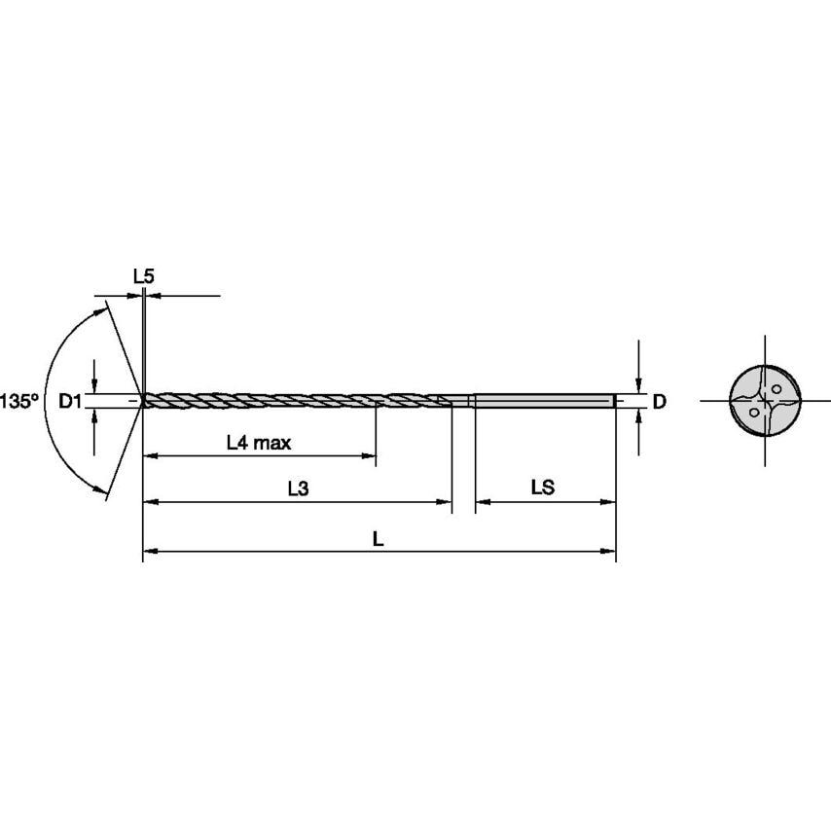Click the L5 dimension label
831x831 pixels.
[x=143, y=276]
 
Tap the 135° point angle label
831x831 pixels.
[x=19, y=401]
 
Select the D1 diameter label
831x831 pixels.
[x=70, y=401]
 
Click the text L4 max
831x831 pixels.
[x=259, y=443]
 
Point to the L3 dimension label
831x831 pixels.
[x=298, y=489]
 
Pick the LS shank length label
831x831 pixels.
[x=543, y=488]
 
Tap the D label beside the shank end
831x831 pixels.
[x=659, y=401]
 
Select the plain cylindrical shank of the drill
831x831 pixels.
[x=543, y=400]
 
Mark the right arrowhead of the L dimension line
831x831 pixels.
[x=610, y=553]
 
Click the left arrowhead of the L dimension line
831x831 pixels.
[x=150, y=553]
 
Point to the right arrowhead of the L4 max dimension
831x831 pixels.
[x=370, y=454]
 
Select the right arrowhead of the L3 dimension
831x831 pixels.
[x=446, y=502]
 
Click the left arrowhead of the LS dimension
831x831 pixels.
[x=481, y=502]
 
